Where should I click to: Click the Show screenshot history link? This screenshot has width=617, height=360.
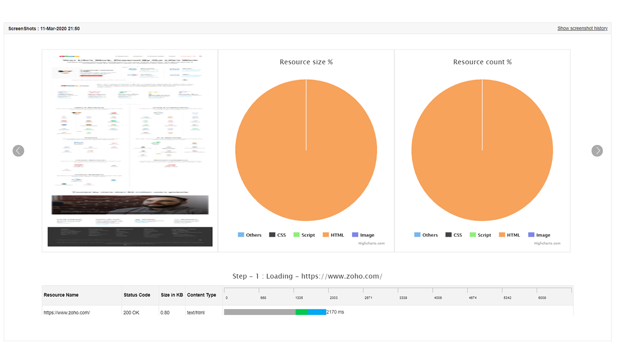pyautogui.click(x=582, y=28)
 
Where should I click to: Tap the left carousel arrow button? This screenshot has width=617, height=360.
pyautogui.click(x=18, y=151)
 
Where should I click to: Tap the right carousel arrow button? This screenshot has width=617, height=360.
pyautogui.click(x=597, y=151)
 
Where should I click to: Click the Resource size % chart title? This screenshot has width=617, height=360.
pyautogui.click(x=306, y=62)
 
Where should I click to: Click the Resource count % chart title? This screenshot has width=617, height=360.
pyautogui.click(x=482, y=62)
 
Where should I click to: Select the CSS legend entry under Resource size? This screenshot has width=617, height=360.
pyautogui.click(x=278, y=235)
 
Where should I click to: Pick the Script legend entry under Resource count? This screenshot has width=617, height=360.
pyautogui.click(x=481, y=235)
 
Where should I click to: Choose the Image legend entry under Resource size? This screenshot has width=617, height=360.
pyautogui.click(x=363, y=235)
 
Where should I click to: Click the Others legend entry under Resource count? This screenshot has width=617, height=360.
pyautogui.click(x=426, y=235)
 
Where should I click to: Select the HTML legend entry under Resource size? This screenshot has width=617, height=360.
pyautogui.click(x=333, y=235)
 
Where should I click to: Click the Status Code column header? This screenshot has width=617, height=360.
pyautogui.click(x=137, y=295)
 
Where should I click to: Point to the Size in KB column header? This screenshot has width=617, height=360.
pyautogui.click(x=172, y=295)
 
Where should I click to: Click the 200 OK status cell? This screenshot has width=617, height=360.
pyautogui.click(x=131, y=312)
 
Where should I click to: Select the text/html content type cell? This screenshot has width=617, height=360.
pyautogui.click(x=196, y=312)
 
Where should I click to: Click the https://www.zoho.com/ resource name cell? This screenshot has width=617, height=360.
pyautogui.click(x=67, y=312)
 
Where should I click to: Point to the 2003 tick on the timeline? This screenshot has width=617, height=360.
pyautogui.click(x=333, y=298)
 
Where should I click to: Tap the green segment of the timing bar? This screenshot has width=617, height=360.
pyautogui.click(x=302, y=312)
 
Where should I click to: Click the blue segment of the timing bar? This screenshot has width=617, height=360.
pyautogui.click(x=317, y=312)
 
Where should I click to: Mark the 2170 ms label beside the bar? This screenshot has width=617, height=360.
pyautogui.click(x=335, y=312)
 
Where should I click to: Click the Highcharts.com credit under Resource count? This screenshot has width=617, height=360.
pyautogui.click(x=547, y=243)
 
